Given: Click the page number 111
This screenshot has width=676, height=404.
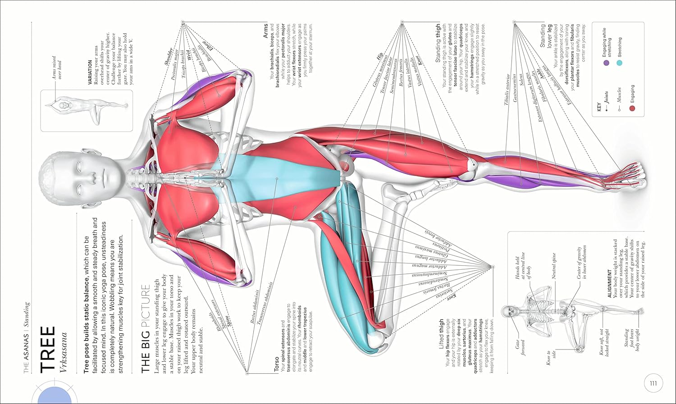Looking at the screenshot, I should (653, 384).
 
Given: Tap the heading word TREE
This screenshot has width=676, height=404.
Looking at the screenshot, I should (48, 349).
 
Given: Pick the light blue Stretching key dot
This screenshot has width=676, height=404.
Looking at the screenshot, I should (619, 63).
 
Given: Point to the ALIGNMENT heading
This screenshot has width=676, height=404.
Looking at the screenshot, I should (610, 281).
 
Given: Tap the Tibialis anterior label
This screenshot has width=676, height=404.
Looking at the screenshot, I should (508, 90).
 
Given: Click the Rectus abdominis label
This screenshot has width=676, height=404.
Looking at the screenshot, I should (256, 307).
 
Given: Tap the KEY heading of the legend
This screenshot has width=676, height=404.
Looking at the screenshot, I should (599, 107).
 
